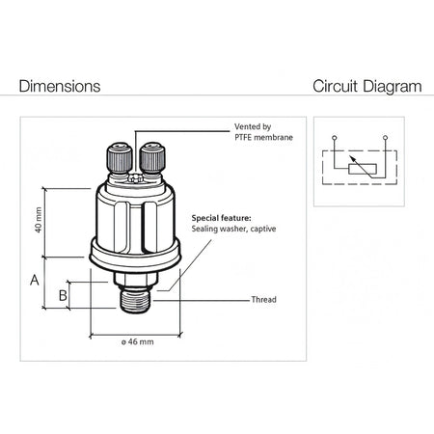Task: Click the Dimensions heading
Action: tap(60, 86)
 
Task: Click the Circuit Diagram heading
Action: tap(367, 87)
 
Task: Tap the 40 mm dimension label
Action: tap(39, 220)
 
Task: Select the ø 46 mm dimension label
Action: tap(137, 341)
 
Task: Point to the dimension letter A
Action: tap(35, 280)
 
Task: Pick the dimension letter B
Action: tap(63, 295)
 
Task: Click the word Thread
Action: tap(263, 300)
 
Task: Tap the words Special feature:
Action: tap(221, 218)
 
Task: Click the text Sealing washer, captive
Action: tap(233, 229)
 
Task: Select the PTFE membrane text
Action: tap(263, 137)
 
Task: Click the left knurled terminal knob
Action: tap(120, 158)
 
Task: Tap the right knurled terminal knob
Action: tap(152, 158)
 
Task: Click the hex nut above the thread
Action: tap(136, 279)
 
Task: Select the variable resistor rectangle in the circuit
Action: tap(363, 169)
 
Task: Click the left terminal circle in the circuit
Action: tap(335, 138)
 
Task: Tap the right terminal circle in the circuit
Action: tap(386, 138)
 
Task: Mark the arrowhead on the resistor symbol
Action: tap(352, 158)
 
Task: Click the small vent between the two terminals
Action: tap(135, 178)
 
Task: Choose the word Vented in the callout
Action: tap(247, 126)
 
